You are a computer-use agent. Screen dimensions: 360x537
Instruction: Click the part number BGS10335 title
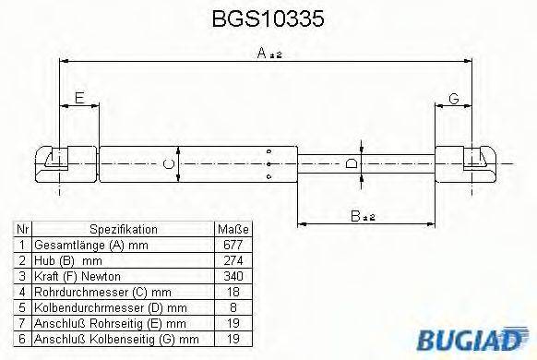(x=268, y=18)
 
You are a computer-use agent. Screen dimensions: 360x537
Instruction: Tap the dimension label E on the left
(x=79, y=98)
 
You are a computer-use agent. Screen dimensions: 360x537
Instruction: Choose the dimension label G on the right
(x=454, y=98)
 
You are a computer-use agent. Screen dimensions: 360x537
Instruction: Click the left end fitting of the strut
(x=58, y=161)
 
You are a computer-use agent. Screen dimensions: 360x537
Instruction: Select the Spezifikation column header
(x=123, y=230)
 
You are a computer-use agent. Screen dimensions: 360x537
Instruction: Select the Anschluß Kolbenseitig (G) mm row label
(x=101, y=338)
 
